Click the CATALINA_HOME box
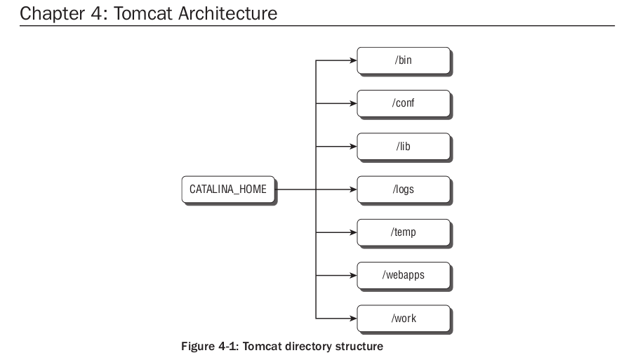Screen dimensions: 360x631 228,189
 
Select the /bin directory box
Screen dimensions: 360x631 403,60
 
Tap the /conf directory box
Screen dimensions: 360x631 403,103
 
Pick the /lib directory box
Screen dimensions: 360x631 403,146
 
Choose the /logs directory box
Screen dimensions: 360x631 403,189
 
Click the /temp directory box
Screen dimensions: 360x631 403,232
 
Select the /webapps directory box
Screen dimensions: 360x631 403,275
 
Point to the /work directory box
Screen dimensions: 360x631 403,318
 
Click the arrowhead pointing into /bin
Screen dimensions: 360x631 353,61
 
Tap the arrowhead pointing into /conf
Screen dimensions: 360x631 353,104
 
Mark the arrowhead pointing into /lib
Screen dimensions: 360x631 353,147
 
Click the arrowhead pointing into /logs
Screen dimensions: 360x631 353,189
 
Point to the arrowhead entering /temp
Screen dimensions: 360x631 353,232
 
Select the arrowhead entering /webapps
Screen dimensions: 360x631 353,275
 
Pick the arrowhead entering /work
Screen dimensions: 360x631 353,318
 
